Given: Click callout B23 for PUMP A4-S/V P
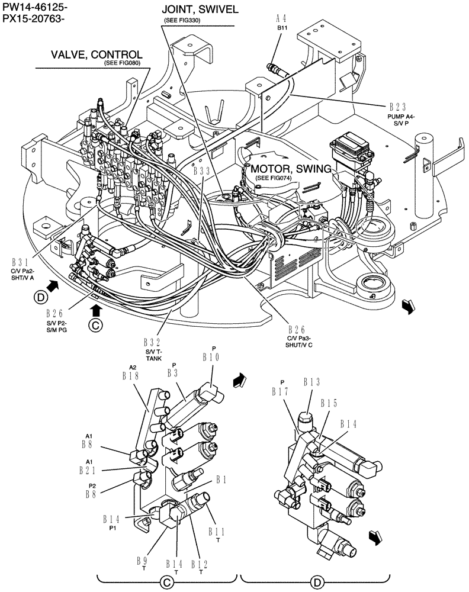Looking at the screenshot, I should [397, 107].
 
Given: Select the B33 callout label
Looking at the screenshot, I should [203, 171].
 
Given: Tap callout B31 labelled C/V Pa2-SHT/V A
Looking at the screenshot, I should [21, 261].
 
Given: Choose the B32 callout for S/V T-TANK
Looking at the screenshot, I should [153, 342].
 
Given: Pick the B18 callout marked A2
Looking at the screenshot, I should [130, 375].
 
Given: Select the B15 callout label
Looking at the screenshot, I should [329, 403].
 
